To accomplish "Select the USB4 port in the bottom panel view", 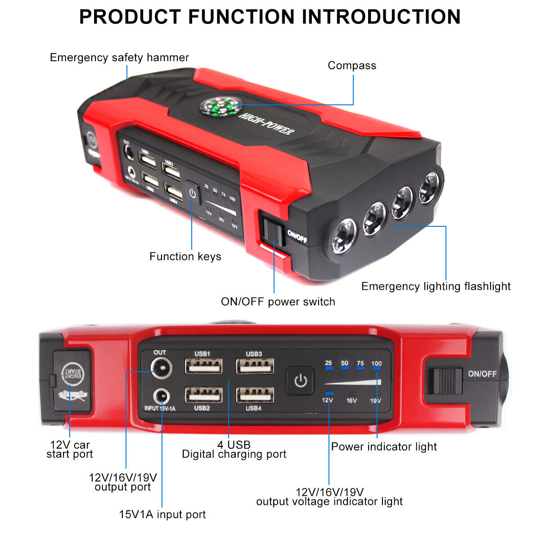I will click(255, 395).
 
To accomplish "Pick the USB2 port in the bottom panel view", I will click(203, 395).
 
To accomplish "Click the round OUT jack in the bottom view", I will click(160, 369).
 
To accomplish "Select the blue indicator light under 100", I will click(377, 368).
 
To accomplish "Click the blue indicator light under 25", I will click(329, 368).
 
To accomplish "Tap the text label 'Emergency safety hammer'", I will click(119, 58).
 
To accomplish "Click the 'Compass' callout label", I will click(351, 66).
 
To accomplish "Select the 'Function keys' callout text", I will click(185, 256).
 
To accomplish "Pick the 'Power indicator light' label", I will click(384, 447).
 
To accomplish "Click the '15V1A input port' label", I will click(162, 514).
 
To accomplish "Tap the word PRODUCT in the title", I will click(130, 17).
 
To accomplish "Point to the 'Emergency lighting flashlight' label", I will click(436, 287).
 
